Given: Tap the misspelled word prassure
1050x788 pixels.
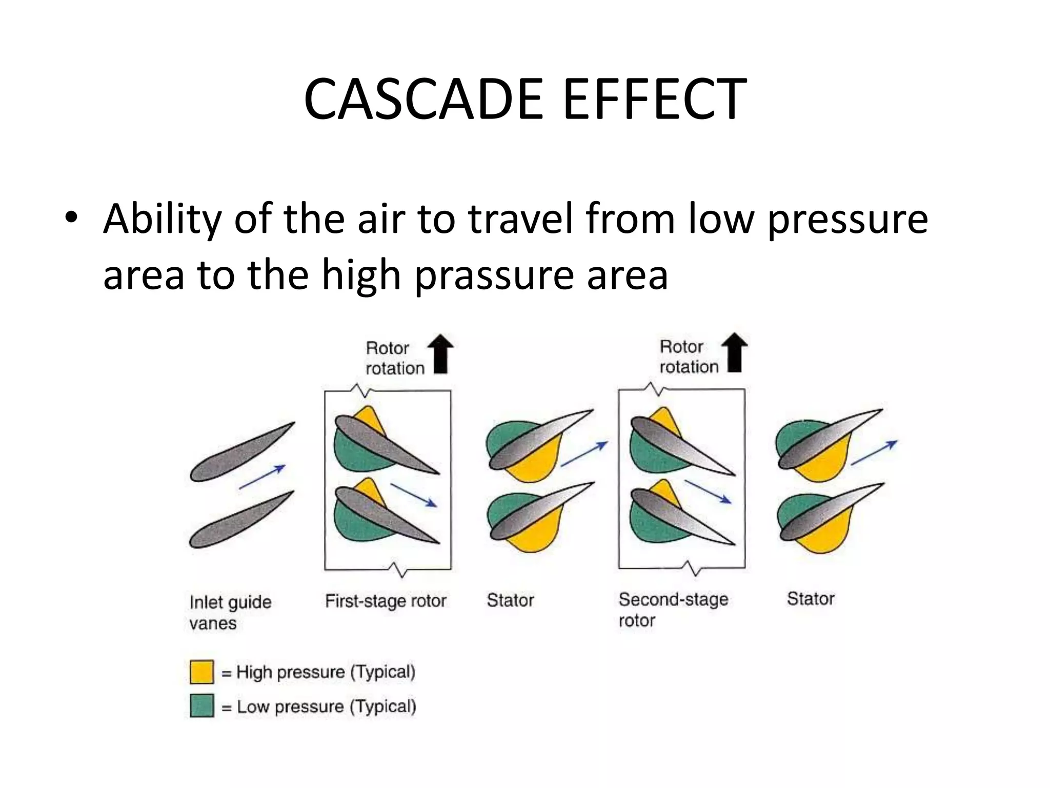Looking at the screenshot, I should pos(494,275).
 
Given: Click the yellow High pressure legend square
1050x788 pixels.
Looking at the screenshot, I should pos(201,672).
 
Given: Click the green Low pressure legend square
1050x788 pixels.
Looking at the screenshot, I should pos(201,706).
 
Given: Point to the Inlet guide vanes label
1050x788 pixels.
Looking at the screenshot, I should pos(230,612).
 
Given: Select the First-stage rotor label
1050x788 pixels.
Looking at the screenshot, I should pos(386,601).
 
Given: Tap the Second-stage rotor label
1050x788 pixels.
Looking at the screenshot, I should pos(673,609).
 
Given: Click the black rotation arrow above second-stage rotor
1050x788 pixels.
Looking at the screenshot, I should pos(734,351).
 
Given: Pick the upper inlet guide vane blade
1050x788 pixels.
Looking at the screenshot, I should pos(242,452).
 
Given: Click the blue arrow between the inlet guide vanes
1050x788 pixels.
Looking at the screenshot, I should pos(262,477).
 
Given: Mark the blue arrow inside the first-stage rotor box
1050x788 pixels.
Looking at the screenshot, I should pos(413,495).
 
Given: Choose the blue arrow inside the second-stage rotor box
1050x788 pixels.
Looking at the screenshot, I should pos(708,492).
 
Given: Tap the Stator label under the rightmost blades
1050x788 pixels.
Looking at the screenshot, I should pos(811,599).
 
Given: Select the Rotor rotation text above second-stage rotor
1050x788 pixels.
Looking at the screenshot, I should pos(689,357).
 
